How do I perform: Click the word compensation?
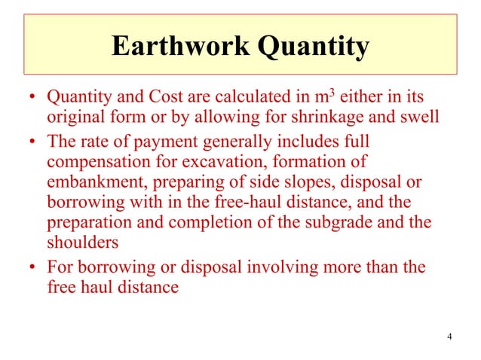(x=100, y=162)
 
